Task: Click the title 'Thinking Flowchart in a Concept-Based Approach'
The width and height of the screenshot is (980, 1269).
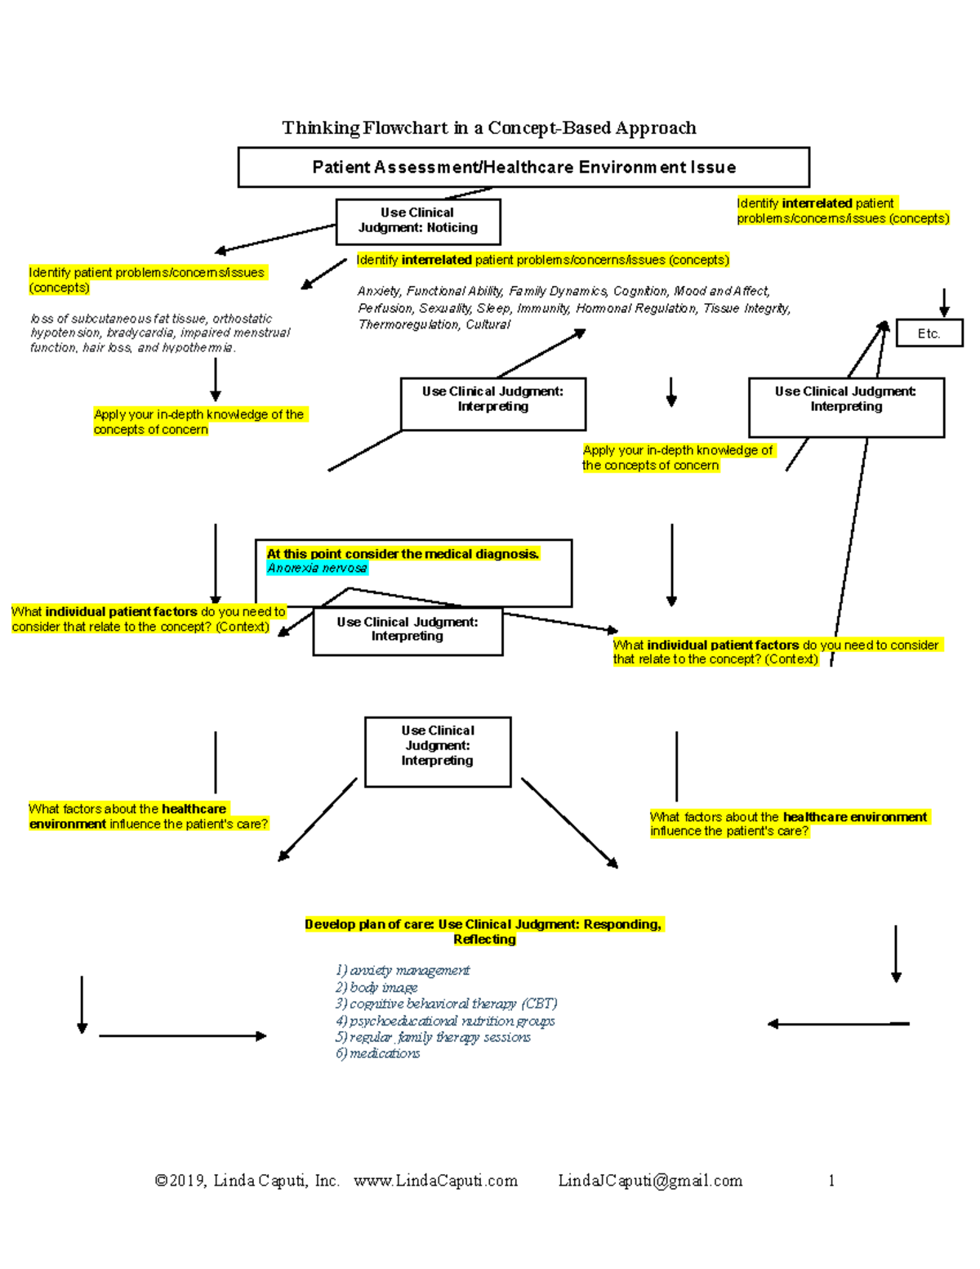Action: pos(488,127)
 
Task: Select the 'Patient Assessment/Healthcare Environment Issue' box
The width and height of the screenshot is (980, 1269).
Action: pos(523,168)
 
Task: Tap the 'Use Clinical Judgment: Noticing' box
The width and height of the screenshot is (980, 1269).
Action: pos(418,221)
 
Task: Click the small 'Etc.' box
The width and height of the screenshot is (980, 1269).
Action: pos(929,333)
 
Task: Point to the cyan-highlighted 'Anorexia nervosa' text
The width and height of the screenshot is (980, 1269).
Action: pos(317,569)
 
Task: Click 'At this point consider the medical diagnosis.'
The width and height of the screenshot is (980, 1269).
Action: pos(403,554)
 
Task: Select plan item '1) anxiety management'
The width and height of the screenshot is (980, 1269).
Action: pos(402,971)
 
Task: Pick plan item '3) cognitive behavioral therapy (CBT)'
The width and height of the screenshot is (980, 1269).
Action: pos(446,1003)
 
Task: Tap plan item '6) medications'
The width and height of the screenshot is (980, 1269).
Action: pos(377,1054)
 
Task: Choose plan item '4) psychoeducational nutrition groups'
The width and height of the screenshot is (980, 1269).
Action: pos(445,1021)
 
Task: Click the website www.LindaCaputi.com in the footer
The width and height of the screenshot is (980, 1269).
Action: pos(435,1181)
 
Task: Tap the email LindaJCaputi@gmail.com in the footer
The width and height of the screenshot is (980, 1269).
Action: pos(650,1181)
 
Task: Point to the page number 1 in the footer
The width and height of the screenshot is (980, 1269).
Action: pos(831,1181)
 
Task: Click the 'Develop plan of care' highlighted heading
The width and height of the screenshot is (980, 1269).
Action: pos(483,932)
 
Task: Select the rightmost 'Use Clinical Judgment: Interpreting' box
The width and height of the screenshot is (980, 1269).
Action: pos(846,406)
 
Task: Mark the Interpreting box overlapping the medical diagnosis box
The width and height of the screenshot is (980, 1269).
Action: pos(408,630)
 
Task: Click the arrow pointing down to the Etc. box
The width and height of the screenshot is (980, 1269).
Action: pos(944,302)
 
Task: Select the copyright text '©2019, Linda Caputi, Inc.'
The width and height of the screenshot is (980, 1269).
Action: pos(247,1181)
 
